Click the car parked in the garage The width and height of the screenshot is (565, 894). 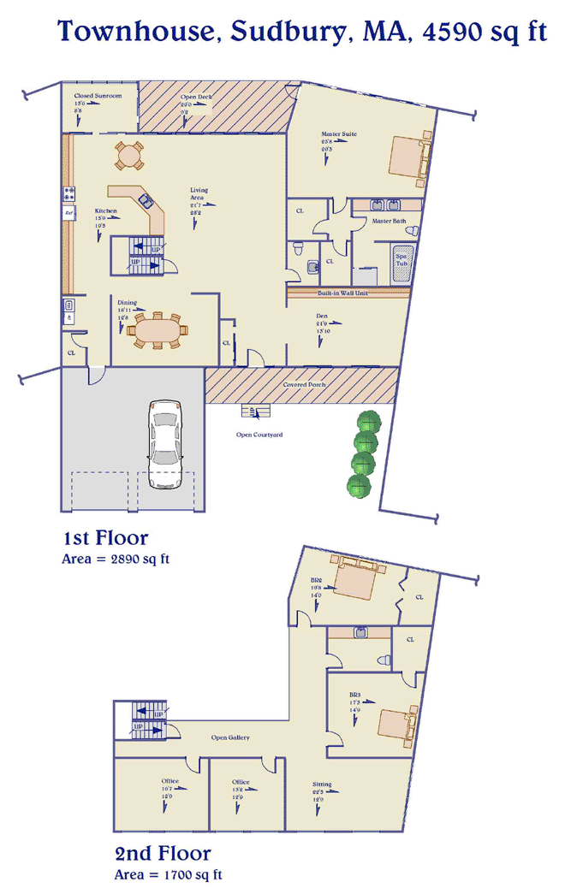(166, 443)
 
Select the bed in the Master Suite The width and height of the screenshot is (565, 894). (407, 158)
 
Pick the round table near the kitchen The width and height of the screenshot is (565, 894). (129, 156)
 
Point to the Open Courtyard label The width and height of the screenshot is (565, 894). (259, 435)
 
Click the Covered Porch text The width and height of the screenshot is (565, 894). (304, 385)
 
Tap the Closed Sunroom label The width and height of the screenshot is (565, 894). (98, 96)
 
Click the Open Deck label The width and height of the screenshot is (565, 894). (196, 97)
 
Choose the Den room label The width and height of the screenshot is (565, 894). (321, 315)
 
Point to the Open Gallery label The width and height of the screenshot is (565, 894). (230, 737)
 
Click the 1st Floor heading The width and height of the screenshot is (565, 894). (105, 538)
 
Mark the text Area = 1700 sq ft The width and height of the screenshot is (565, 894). (168, 875)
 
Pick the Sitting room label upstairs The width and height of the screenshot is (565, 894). (322, 784)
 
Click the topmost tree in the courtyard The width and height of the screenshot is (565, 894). (369, 423)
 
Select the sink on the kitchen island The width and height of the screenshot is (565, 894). (146, 202)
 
